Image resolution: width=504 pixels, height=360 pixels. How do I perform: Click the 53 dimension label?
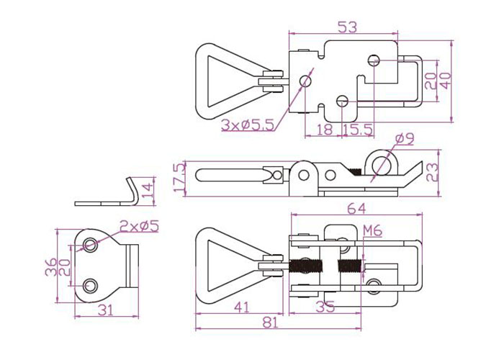tap(348, 27)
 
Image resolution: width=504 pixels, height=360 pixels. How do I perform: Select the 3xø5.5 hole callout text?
tap(248, 125)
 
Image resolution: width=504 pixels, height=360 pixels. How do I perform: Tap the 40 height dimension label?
tap(446, 81)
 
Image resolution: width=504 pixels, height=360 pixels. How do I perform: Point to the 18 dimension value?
tap(325, 130)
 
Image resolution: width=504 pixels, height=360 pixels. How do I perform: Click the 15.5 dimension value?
tap(357, 130)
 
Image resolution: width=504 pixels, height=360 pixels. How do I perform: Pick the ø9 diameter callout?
tap(405, 139)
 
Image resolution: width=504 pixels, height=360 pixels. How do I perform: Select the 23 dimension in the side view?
tap(433, 173)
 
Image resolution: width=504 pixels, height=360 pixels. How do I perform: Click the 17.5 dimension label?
tap(180, 177)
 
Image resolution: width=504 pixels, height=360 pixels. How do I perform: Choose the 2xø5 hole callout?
tap(139, 226)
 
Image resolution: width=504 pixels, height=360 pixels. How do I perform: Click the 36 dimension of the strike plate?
tap(51, 267)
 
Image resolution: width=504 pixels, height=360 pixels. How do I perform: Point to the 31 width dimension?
tap(106, 310)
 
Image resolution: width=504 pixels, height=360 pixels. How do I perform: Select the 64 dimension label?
tap(357, 209)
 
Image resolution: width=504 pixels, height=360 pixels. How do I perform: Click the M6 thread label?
tap(372, 231)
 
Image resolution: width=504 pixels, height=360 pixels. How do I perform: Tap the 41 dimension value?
tap(242, 307)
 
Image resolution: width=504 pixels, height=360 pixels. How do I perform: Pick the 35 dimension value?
tap(325, 307)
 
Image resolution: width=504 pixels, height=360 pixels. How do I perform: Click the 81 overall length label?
tap(270, 323)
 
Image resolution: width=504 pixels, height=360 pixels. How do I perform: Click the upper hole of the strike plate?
tap(90, 245)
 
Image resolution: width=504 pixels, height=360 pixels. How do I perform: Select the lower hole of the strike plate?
tap(90, 285)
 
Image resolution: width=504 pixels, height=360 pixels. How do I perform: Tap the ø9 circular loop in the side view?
tap(382, 164)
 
